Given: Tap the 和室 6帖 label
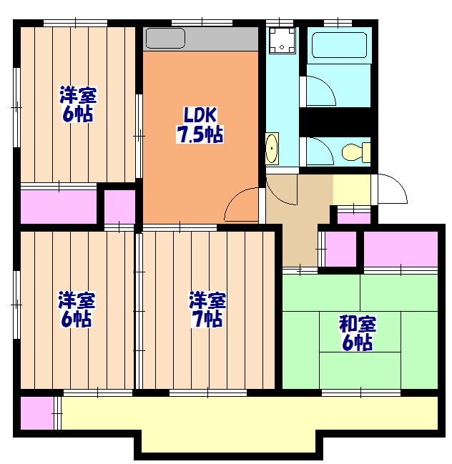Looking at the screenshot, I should click(356, 334).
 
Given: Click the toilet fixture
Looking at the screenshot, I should click(355, 152).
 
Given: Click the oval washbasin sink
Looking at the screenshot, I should click(272, 149).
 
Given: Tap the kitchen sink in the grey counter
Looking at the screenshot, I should click(165, 38).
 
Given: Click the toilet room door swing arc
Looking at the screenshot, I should click(319, 150).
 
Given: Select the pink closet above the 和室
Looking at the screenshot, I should click(400, 248).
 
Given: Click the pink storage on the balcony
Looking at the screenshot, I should click(36, 413).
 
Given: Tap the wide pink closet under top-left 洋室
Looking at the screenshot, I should click(58, 207).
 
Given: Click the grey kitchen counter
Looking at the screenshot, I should click(200, 38).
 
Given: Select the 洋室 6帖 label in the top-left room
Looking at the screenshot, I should click(77, 104).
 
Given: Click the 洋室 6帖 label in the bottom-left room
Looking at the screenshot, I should click(77, 310).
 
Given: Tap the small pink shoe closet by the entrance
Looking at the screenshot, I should click(353, 217).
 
